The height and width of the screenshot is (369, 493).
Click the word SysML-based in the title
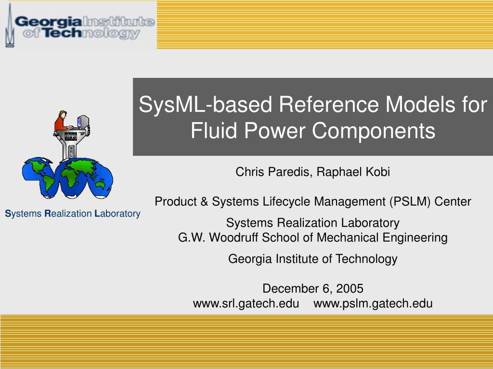pyautogui.click(x=204, y=105)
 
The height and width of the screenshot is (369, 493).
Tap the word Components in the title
pyautogui.click(x=373, y=131)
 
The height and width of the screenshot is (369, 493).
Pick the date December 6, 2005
pyautogui.click(x=312, y=289)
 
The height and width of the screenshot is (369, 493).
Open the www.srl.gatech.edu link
pyautogui.click(x=246, y=304)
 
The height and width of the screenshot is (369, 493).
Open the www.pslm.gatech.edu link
pyautogui.click(x=373, y=304)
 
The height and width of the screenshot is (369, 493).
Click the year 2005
pyautogui.click(x=350, y=289)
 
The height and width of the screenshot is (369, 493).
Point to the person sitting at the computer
pyautogui.click(x=61, y=121)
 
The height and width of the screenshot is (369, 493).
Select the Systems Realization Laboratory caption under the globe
pyautogui.click(x=72, y=214)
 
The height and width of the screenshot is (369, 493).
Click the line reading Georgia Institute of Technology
pyautogui.click(x=312, y=259)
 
